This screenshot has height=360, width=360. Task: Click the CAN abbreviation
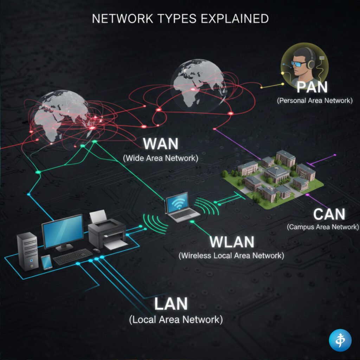[x=329, y=214]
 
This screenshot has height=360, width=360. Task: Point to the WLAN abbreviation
[x=232, y=242]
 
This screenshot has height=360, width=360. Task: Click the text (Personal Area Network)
[x=314, y=101]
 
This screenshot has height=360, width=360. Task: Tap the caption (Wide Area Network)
[x=161, y=158]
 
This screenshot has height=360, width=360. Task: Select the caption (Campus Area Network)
[x=323, y=227]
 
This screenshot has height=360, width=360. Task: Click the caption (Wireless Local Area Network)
[x=231, y=256]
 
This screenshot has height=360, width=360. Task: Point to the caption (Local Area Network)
[x=176, y=320]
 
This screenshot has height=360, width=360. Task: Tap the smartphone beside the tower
[x=46, y=262]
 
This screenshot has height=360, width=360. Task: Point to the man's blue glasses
[x=300, y=64]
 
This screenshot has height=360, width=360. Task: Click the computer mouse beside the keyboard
[x=96, y=250]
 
